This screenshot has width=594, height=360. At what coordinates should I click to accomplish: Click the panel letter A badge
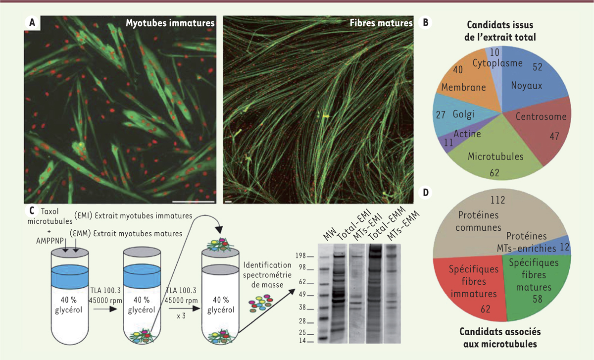(x=32, y=23)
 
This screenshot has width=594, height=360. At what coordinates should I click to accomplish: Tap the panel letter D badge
(x=425, y=192)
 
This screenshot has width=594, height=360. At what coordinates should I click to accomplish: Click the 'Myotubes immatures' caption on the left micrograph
(x=170, y=23)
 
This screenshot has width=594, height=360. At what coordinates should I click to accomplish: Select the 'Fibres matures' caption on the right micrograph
(x=381, y=23)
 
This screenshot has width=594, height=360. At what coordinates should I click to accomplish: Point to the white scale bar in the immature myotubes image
(x=194, y=202)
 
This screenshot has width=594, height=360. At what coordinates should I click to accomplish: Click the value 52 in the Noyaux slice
(x=538, y=67)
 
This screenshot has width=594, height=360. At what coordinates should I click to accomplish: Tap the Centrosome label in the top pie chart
(x=541, y=116)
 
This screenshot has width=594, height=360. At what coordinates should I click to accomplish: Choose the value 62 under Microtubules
(x=495, y=173)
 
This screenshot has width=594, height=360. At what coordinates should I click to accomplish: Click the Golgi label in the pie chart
(x=463, y=114)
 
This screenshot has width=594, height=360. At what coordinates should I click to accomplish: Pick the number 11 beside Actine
(x=448, y=143)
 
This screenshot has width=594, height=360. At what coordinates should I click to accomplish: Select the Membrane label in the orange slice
(x=463, y=87)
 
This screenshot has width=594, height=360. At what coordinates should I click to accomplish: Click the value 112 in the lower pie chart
(x=498, y=200)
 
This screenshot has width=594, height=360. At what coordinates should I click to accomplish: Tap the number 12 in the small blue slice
(x=565, y=247)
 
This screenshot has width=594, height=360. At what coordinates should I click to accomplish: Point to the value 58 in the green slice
(x=538, y=299)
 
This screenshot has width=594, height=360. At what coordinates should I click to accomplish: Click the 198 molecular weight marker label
(x=301, y=256)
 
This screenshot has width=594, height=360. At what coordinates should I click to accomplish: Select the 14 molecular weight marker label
(x=302, y=340)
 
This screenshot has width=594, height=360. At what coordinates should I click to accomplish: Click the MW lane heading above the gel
(x=330, y=234)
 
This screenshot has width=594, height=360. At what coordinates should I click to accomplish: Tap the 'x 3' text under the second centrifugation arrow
(x=181, y=316)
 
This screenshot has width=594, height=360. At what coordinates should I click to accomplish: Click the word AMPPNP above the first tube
(x=50, y=241)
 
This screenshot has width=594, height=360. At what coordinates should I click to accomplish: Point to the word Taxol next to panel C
(x=50, y=211)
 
